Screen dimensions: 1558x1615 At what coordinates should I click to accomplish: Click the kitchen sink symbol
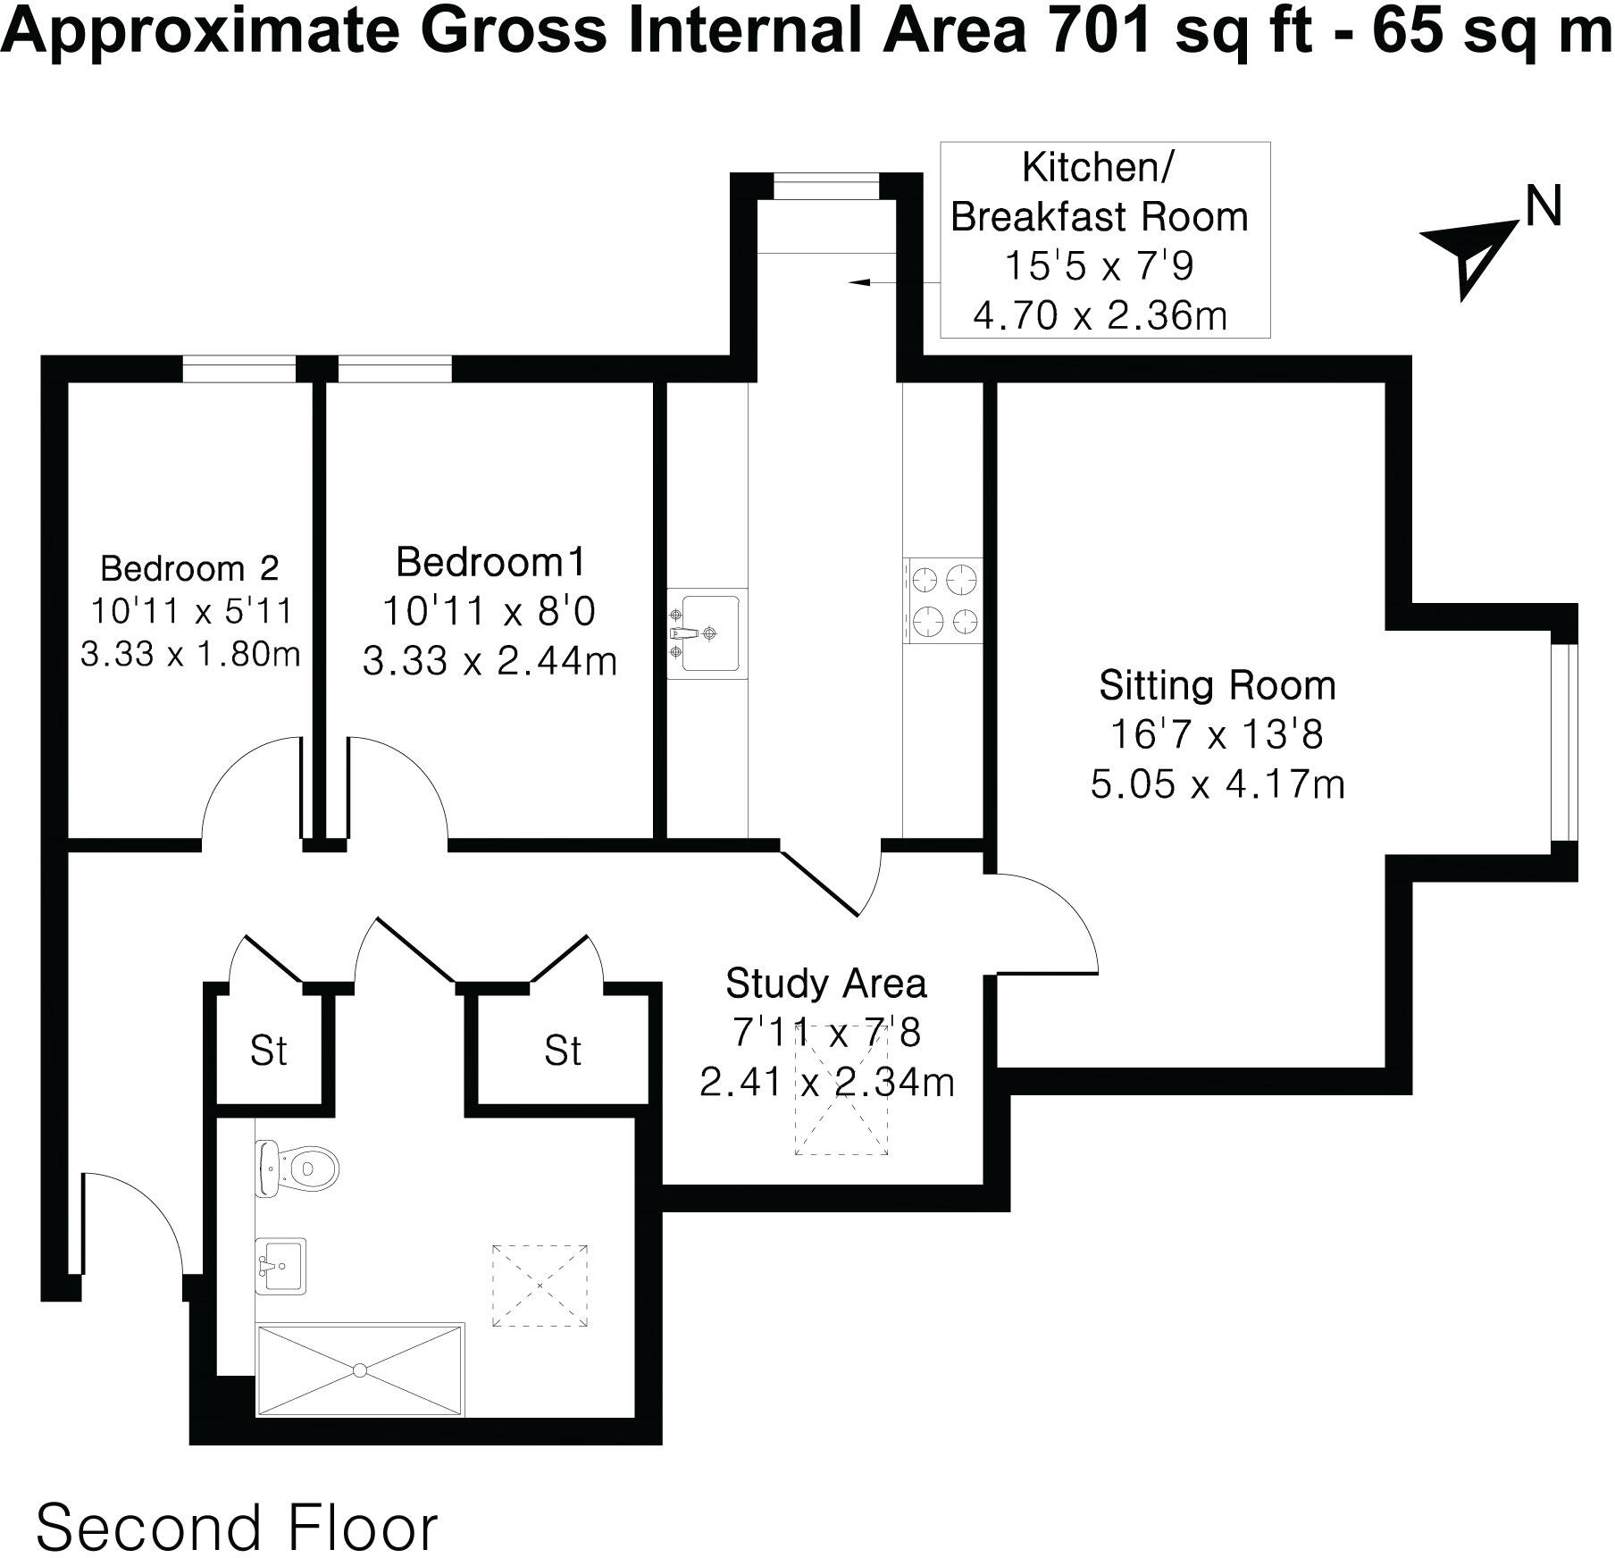(x=707, y=632)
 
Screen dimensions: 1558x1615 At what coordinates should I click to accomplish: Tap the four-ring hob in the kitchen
(x=943, y=599)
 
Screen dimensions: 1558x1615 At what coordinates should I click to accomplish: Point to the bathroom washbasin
(x=280, y=1265)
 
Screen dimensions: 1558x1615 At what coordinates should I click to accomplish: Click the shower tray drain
(x=360, y=1369)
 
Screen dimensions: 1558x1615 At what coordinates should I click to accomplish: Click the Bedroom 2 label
(x=189, y=568)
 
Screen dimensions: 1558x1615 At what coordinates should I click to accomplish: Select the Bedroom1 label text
(x=490, y=562)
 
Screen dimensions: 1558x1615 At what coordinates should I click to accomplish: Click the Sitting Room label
(x=1217, y=686)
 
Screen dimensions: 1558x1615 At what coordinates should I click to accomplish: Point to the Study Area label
(x=825, y=984)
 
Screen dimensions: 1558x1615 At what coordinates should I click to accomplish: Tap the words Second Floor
(x=237, y=1503)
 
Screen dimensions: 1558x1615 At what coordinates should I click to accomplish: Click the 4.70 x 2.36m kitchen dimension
(x=1100, y=314)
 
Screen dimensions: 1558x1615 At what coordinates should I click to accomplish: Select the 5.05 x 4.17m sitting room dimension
(x=1217, y=784)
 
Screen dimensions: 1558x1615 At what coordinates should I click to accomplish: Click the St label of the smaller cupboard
(x=269, y=1051)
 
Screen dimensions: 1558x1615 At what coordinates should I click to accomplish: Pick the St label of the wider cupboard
(x=563, y=1051)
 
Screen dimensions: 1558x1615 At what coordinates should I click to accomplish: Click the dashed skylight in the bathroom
(x=540, y=1286)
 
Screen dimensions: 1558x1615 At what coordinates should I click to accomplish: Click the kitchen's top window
(x=825, y=188)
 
